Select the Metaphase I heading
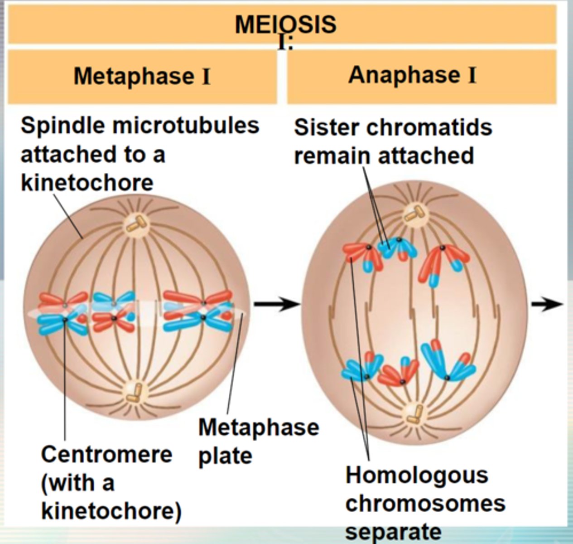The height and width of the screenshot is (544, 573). tap(142, 76)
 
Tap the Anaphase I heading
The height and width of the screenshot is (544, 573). tap(412, 75)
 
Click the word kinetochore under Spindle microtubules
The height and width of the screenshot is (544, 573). tap(87, 183)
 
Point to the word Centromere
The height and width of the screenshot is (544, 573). tap(106, 454)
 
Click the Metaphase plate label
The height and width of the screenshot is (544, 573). tap(258, 441)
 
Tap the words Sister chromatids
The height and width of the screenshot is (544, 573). tap(393, 127)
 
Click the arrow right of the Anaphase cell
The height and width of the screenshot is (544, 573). tap(547, 304)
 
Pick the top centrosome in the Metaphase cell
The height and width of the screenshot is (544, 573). tap(137, 223)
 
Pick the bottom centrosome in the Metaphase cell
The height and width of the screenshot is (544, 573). tap(135, 393)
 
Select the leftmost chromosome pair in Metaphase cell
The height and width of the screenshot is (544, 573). tap(63, 312)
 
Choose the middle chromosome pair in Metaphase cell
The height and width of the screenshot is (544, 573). tap(114, 311)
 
